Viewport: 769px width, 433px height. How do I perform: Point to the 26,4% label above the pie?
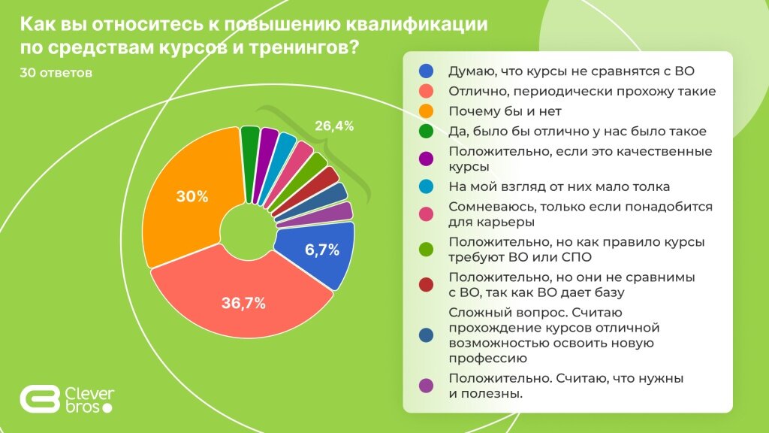pos(334,126)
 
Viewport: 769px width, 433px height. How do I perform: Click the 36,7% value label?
pos(243,304)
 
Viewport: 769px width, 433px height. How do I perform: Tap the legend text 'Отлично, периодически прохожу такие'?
pos(581,92)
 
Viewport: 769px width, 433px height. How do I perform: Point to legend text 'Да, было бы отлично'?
pos(577,132)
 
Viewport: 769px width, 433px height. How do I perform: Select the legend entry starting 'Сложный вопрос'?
pos(552,336)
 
